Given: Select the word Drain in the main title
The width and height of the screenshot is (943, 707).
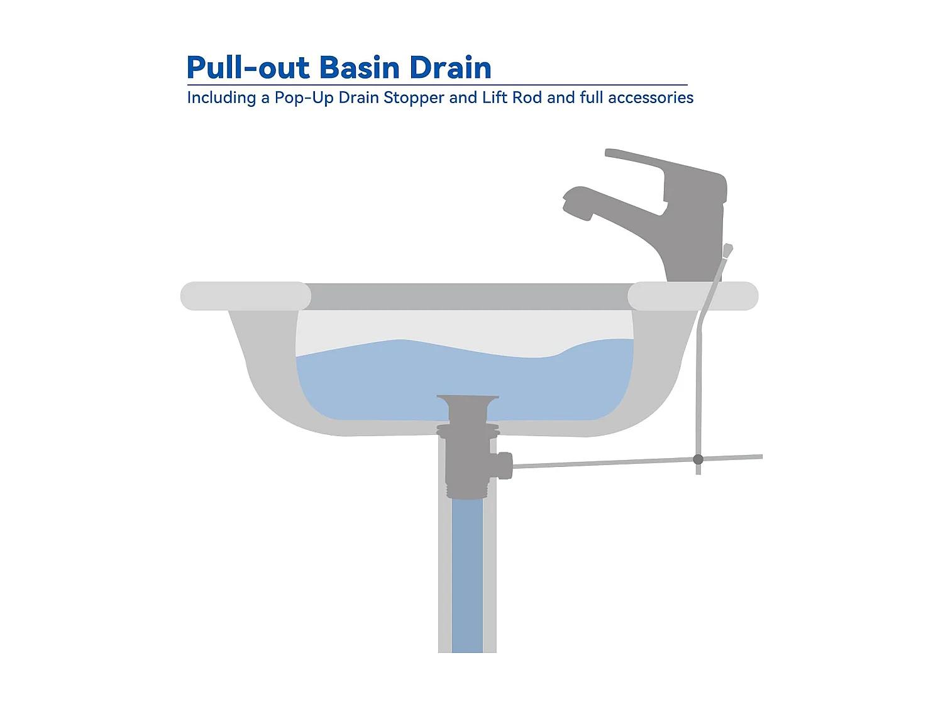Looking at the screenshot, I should (x=450, y=68).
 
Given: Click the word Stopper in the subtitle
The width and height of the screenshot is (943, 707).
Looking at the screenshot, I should (x=414, y=98).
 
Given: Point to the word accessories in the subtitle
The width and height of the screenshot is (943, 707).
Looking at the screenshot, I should (x=651, y=98).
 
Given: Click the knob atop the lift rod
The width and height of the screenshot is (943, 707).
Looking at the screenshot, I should (x=727, y=250).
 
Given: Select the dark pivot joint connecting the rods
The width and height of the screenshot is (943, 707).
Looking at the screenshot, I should (x=698, y=459).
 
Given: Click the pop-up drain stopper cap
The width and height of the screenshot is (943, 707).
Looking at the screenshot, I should (x=468, y=399).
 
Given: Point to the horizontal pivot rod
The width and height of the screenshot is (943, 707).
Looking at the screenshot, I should (x=604, y=463).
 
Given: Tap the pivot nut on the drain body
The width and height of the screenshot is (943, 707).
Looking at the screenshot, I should (x=504, y=465).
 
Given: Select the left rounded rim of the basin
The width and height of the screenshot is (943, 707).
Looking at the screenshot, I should (x=245, y=296).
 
